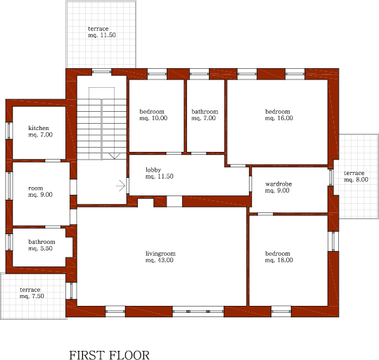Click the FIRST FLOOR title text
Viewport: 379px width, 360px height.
tap(109, 355)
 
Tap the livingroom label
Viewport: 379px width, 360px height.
tap(160, 254)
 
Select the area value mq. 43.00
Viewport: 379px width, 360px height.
tap(160, 260)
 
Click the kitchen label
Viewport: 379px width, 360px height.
tap(39, 128)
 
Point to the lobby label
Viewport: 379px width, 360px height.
tap(153, 170)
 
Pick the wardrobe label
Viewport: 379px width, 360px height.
tap(278, 184)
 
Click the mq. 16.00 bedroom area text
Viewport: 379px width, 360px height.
tap(279, 118)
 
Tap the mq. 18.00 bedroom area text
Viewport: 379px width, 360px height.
tap(279, 260)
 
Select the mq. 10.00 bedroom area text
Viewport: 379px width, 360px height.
tap(153, 118)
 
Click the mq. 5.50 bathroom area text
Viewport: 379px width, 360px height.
tap(40, 248)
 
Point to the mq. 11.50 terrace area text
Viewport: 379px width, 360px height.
tap(102, 35)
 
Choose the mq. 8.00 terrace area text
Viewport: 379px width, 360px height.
tap(356, 179)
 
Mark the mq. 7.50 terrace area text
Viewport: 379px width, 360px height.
tap(32, 296)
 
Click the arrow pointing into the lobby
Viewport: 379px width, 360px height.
tap(121, 186)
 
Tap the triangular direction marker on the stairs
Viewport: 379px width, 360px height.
tap(115, 156)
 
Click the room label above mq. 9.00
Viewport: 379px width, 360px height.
tap(36, 188)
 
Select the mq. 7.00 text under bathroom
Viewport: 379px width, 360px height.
tap(203, 118)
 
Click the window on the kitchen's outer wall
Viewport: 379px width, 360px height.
tap(9, 131)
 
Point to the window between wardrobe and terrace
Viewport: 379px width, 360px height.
tap(330, 177)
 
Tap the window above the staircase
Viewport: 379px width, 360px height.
tap(102, 71)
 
